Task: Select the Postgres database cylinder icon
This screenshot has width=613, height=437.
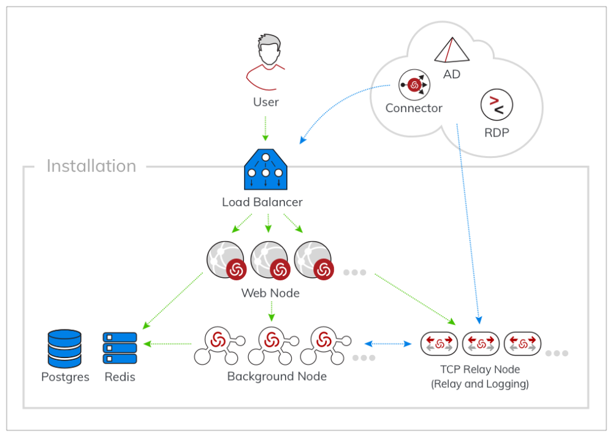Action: pyautogui.click(x=64, y=348)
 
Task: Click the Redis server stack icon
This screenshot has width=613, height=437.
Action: pyautogui.click(x=120, y=348)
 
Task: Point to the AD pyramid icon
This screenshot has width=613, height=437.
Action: pyautogui.click(x=452, y=50)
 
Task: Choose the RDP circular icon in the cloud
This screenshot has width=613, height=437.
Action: pyautogui.click(x=497, y=106)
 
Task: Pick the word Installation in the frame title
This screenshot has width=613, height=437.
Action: pyautogui.click(x=91, y=166)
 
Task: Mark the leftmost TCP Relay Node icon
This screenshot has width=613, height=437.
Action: pyautogui.click(x=439, y=344)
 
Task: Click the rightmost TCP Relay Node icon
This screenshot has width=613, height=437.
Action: pyautogui.click(x=522, y=344)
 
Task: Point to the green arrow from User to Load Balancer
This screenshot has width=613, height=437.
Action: pyautogui.click(x=265, y=129)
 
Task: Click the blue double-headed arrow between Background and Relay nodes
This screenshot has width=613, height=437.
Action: pyautogui.click(x=389, y=344)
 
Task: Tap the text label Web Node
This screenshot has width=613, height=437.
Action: pyautogui.click(x=270, y=293)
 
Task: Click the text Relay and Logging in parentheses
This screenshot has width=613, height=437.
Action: pyautogui.click(x=480, y=384)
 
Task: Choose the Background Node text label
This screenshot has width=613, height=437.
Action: pyautogui.click(x=276, y=376)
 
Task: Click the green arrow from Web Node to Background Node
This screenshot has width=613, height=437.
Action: pyautogui.click(x=271, y=312)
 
